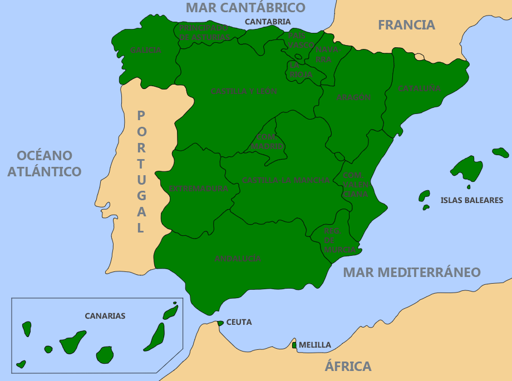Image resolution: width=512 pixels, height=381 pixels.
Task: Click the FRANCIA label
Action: (406, 25)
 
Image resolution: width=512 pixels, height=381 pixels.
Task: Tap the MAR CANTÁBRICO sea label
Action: (245, 7)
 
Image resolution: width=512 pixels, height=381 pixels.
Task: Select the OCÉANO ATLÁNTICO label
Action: (45, 164)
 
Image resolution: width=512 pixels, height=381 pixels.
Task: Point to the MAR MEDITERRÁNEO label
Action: (411, 273)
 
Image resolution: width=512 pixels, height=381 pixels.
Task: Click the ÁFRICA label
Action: (348, 367)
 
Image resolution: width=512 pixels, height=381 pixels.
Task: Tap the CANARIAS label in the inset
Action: (105, 316)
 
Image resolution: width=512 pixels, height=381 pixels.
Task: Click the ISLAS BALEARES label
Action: (471, 200)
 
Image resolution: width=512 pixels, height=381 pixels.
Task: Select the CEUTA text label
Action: (239, 322)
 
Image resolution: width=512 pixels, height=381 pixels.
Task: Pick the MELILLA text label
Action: (314, 345)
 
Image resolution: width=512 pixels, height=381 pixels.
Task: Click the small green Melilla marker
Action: (294, 345)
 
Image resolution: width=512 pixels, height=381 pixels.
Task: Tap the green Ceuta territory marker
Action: (220, 323)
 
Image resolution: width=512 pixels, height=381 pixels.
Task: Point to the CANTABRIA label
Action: (268, 22)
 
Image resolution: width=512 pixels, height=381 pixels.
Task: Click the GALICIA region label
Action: (146, 50)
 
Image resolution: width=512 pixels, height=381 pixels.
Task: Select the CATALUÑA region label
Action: (419, 88)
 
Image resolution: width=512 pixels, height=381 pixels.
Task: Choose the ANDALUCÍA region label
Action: (238, 259)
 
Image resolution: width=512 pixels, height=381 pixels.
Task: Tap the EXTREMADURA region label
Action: (198, 189)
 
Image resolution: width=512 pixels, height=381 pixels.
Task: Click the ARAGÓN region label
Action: (353, 97)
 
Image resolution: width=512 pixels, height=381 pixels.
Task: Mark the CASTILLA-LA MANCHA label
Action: (285, 180)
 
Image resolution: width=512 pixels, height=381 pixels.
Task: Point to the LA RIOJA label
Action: (301, 70)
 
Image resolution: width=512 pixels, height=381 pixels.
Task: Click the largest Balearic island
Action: (467, 168)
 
